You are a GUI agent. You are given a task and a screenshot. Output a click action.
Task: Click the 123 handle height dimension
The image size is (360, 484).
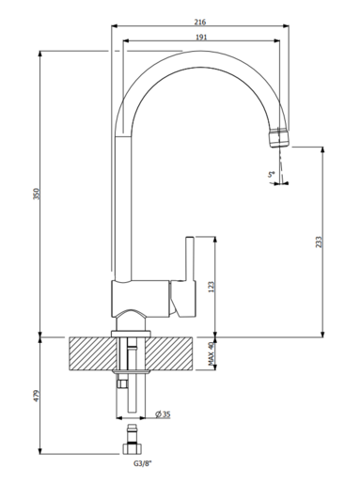[211, 286]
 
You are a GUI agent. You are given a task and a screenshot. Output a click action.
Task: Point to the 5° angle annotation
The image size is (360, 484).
[270, 174]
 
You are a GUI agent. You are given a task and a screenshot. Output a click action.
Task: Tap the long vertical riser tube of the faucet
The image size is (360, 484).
[119, 207]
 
